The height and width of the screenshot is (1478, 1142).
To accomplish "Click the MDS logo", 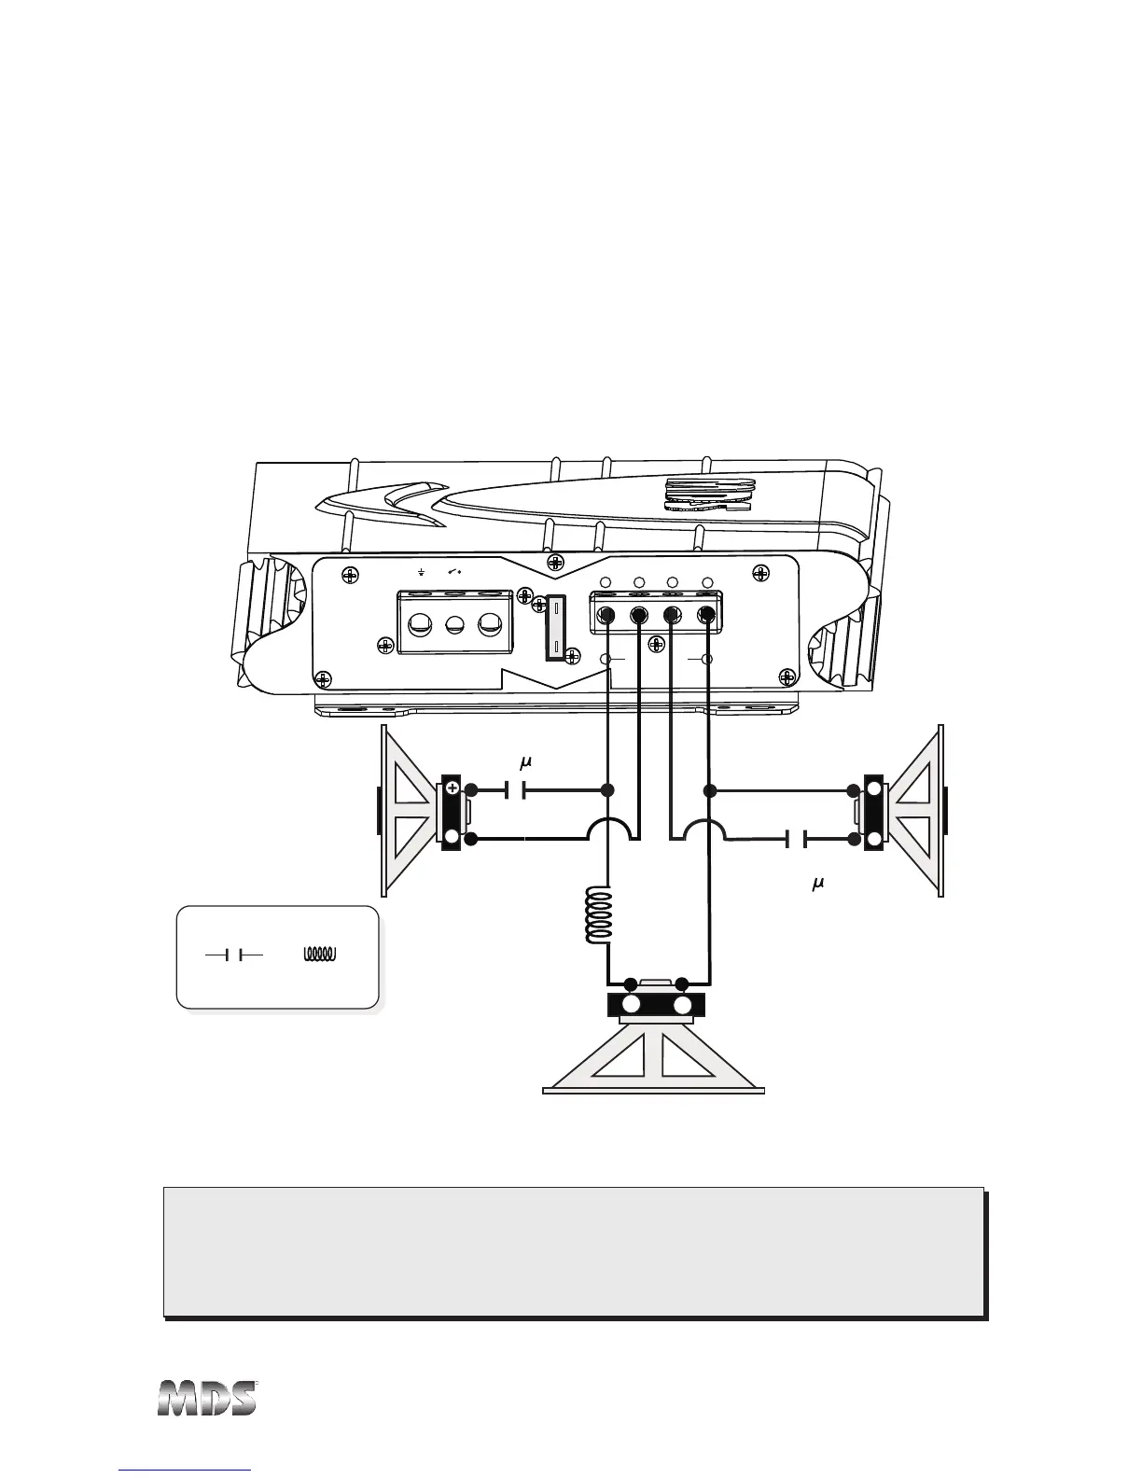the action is click(x=206, y=1399).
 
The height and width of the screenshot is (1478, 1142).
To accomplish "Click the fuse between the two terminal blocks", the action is click(x=558, y=629).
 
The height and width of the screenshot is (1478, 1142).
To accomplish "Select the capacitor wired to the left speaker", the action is click(x=516, y=790).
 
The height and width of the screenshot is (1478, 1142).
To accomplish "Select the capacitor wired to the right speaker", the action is click(x=797, y=840).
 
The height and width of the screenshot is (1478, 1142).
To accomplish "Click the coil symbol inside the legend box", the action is click(x=322, y=955).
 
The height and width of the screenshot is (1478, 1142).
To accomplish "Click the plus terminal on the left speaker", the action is click(x=453, y=789).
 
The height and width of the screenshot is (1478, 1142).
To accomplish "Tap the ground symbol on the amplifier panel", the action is click(x=422, y=572).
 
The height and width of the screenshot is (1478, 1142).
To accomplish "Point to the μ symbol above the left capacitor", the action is click(x=525, y=763).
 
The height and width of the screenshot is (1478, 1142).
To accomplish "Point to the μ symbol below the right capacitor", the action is click(x=818, y=883).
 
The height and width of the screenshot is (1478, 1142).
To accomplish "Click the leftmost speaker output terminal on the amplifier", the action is click(x=607, y=615).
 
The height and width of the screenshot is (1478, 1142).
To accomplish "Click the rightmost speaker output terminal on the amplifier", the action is click(x=706, y=615).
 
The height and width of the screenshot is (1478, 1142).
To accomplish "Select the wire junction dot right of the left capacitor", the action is click(x=608, y=790).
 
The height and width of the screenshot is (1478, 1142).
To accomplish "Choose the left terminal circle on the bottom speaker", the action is click(x=631, y=1005).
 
